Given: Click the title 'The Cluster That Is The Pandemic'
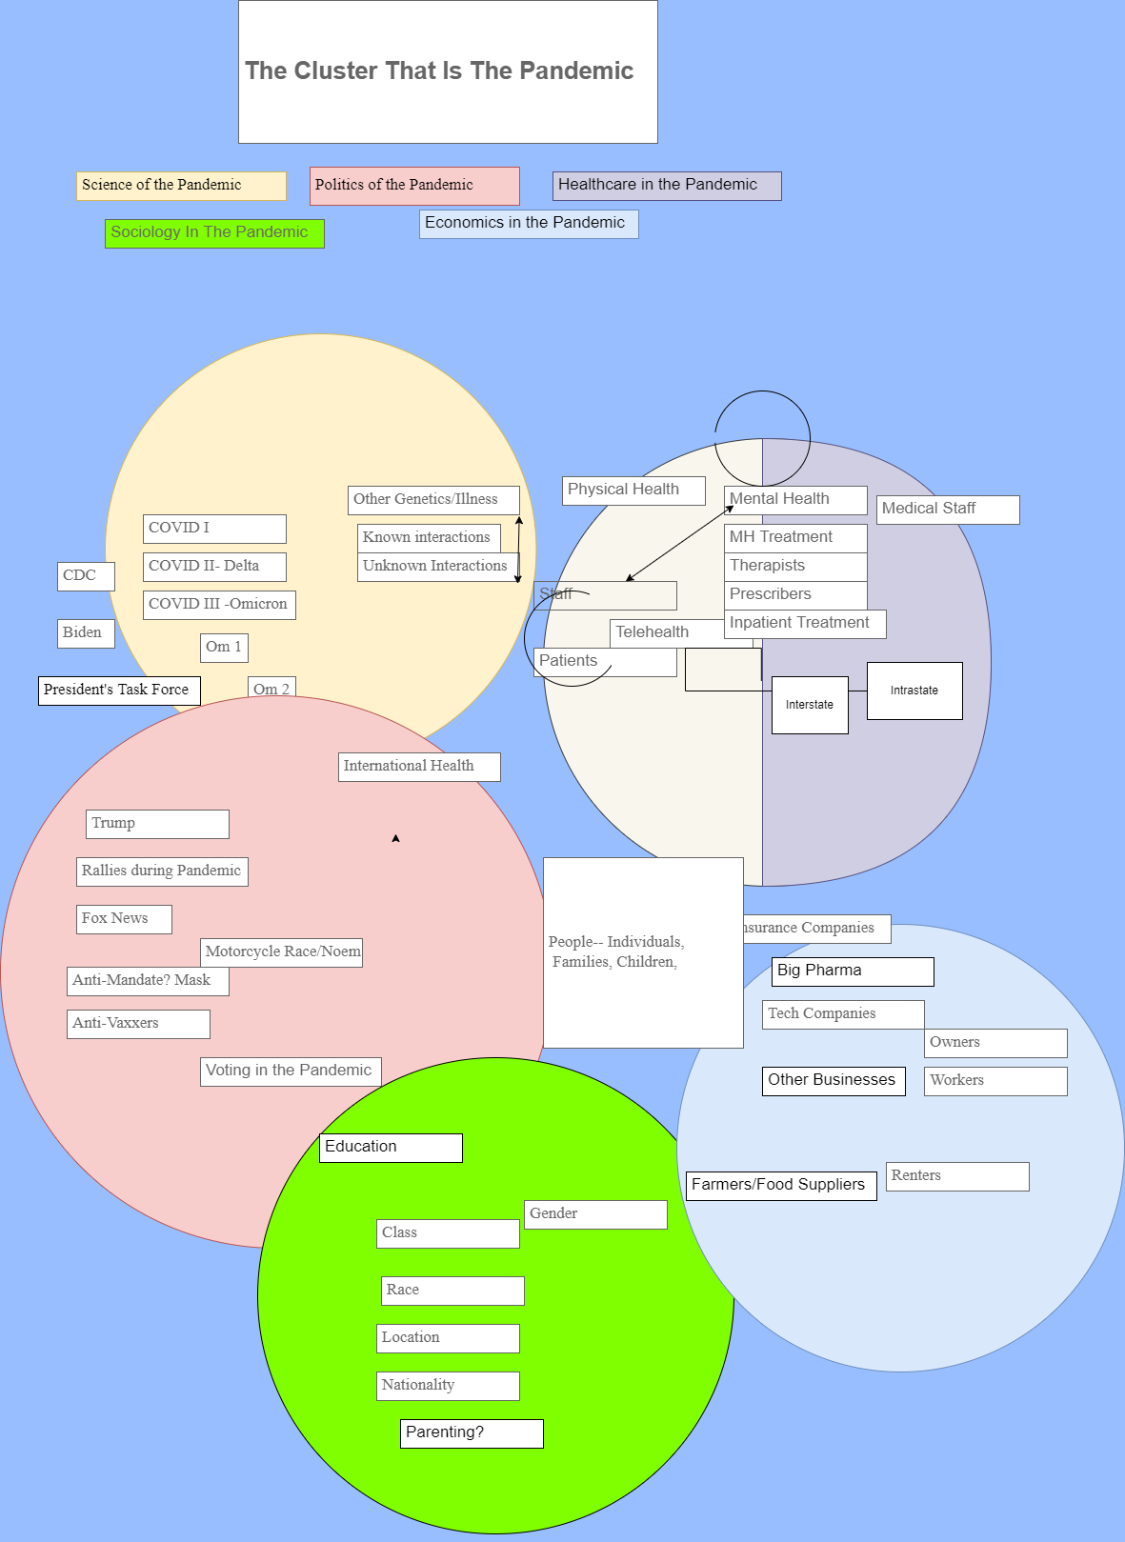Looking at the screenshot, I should [x=439, y=71].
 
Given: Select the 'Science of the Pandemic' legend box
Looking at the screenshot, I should [x=181, y=186].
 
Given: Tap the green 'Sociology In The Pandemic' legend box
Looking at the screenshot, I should [x=214, y=233].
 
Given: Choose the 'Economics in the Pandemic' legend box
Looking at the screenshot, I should [x=529, y=224].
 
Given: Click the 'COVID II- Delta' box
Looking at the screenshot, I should [x=214, y=567].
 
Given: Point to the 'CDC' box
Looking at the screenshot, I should [x=86, y=576].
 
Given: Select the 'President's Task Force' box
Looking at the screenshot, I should [x=119, y=691].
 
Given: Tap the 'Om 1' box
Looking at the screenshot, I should [x=224, y=648].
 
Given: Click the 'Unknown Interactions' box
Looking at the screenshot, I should [x=435, y=567].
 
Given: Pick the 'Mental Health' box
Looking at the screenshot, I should [x=795, y=500].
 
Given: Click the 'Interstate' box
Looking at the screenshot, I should [x=810, y=705].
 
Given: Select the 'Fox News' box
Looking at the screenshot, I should [x=124, y=919].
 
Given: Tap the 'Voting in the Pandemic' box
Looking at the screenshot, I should [x=291, y=1071].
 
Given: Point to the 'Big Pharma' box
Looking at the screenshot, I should [x=853, y=971].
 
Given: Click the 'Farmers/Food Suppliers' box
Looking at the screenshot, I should [x=781, y=1186].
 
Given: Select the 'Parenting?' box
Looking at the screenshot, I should [x=472, y=1433].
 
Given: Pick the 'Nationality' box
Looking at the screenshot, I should [x=448, y=1386].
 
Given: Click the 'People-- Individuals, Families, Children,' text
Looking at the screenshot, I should [x=617, y=951].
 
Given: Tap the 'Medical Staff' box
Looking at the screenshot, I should [x=948, y=510].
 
